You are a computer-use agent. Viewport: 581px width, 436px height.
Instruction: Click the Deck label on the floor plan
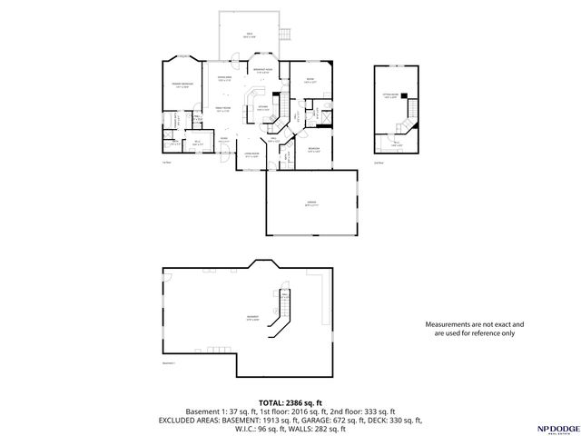click(x=250, y=35)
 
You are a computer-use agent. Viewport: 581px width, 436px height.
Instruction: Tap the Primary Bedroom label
click(x=182, y=84)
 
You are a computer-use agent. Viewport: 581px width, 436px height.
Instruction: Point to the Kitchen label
click(x=262, y=107)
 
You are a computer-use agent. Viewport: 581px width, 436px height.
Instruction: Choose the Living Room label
click(x=251, y=155)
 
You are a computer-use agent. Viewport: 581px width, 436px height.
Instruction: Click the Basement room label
click(x=251, y=318)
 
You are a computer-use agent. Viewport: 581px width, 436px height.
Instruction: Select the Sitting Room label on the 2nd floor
click(x=390, y=96)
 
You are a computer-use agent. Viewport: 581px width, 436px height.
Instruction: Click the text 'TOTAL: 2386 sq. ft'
click(x=290, y=402)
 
